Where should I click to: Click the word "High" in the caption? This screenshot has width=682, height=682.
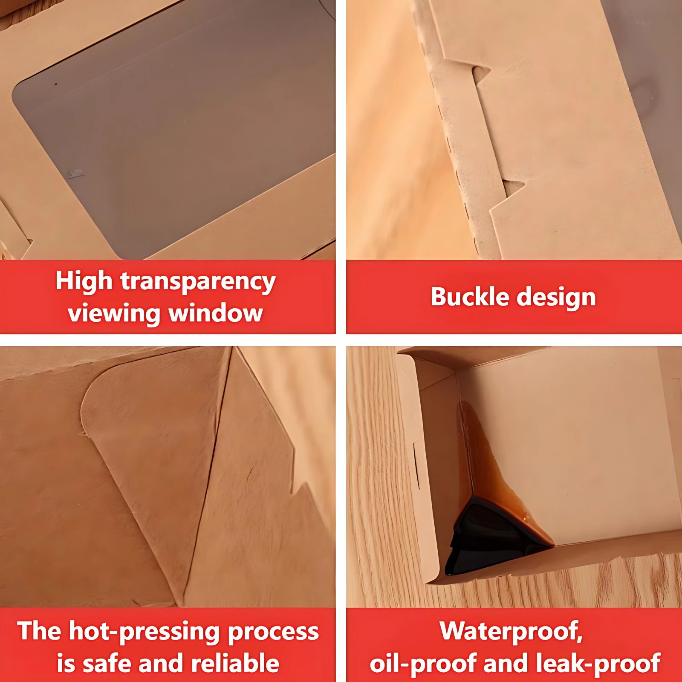click(x=84, y=281)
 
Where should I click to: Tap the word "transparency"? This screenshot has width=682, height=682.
click(x=198, y=282)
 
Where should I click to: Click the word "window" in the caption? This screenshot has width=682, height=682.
click(x=216, y=313)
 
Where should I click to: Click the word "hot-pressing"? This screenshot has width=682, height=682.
click(x=144, y=632)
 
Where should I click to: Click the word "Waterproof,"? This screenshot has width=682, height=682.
click(x=511, y=631)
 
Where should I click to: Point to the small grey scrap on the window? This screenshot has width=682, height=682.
click(x=75, y=173)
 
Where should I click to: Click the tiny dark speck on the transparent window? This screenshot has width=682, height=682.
click(x=55, y=84)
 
